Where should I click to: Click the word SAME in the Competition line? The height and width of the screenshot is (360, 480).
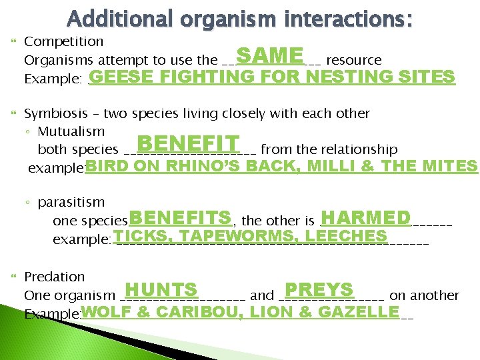[x=269, y=55]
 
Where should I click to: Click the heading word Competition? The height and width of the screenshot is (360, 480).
[x=63, y=41]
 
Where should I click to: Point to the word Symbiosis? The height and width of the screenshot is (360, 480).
[x=56, y=113]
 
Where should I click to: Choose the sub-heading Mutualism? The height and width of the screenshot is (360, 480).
[x=71, y=131]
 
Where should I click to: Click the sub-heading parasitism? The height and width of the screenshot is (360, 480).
[x=71, y=201]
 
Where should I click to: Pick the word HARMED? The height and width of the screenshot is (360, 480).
[x=365, y=219]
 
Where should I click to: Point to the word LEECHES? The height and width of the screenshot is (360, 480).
[x=345, y=236]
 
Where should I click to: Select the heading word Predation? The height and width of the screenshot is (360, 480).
[x=55, y=276]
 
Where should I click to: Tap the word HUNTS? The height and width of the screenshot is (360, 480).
[x=161, y=291]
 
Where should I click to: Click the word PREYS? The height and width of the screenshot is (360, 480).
[x=318, y=291]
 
